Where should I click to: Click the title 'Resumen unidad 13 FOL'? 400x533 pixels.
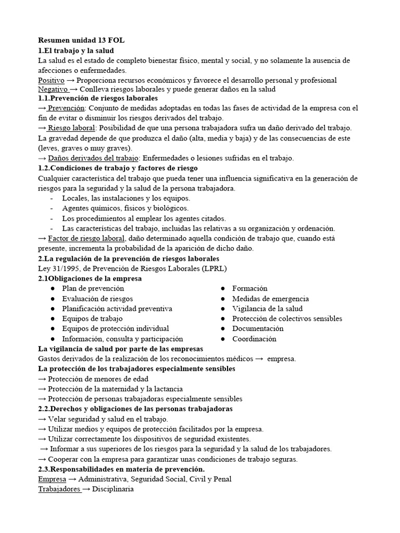pyautogui.click(x=81, y=40)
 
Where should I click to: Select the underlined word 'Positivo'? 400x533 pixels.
pyautogui.click(x=52, y=80)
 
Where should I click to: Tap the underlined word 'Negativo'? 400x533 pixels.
pyautogui.click(x=53, y=90)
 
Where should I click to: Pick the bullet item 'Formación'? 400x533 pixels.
pyautogui.click(x=249, y=288)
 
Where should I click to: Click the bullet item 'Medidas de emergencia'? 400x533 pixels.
pyautogui.click(x=270, y=299)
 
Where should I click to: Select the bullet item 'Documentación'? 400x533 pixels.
pyautogui.click(x=258, y=328)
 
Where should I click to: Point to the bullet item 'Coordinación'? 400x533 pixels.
pyautogui.click(x=254, y=339)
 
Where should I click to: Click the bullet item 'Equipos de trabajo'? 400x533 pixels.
pyautogui.click(x=92, y=319)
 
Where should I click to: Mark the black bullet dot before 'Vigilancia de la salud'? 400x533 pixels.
pyautogui.click(x=222, y=309)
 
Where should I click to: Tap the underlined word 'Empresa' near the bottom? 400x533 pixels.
pyautogui.click(x=52, y=479)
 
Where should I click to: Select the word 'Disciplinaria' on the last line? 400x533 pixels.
pyautogui.click(x=113, y=489)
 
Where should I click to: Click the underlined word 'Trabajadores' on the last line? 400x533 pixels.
pyautogui.click(x=59, y=489)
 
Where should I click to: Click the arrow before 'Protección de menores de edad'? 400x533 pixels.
pyautogui.click(x=42, y=379)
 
